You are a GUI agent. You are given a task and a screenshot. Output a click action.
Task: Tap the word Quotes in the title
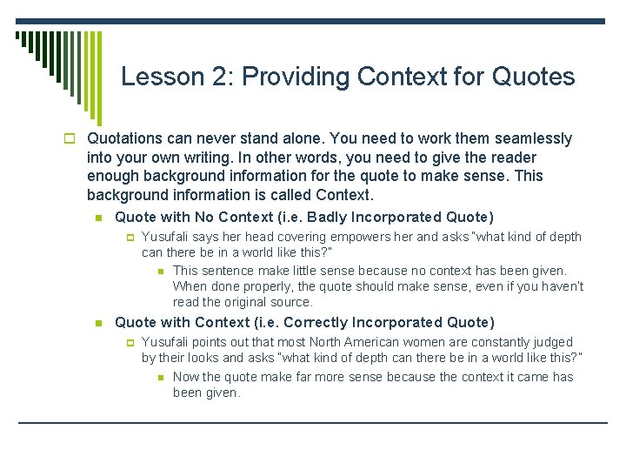[533, 77]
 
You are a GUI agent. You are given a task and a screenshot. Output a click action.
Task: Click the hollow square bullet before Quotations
[76, 139]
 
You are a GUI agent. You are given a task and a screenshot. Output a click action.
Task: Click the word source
[293, 302]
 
